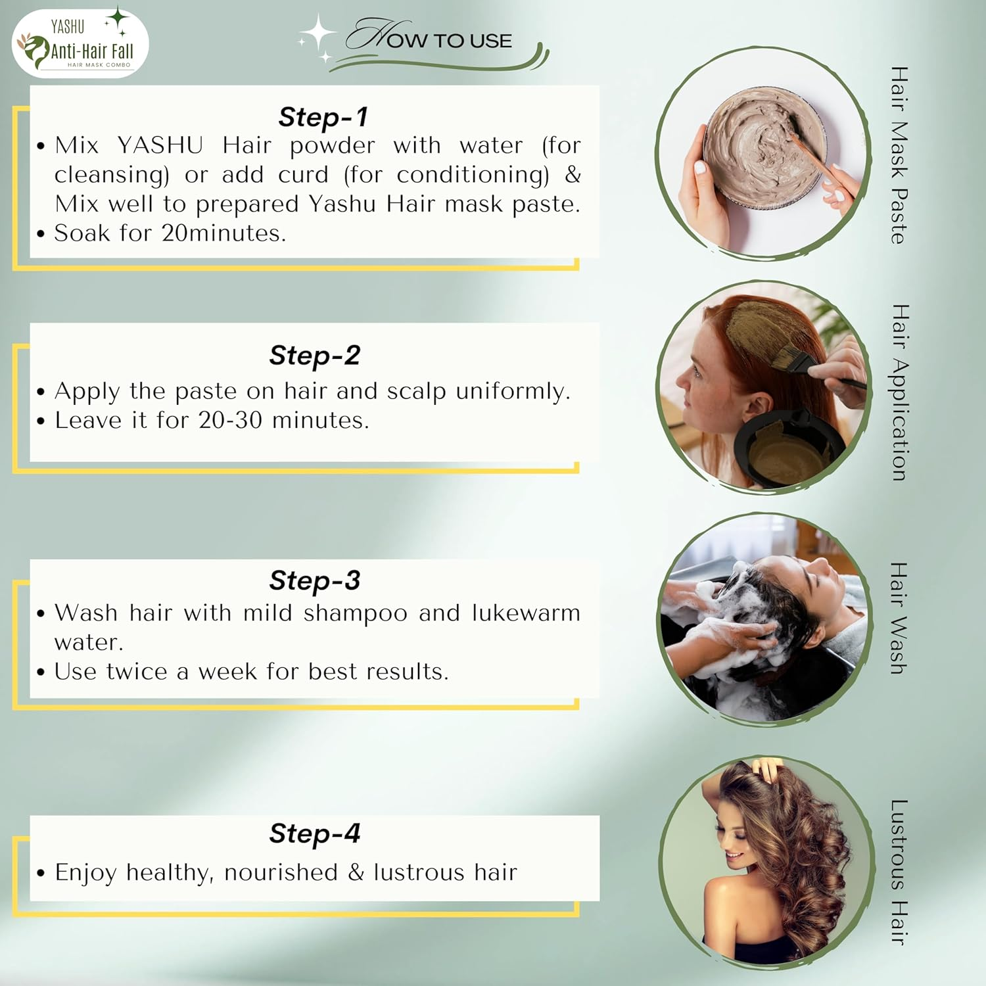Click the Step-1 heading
(x=323, y=117)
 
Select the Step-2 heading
(x=315, y=355)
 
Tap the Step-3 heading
(x=315, y=580)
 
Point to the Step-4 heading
(x=315, y=833)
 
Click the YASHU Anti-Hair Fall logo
(x=80, y=44)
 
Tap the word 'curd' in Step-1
(x=303, y=174)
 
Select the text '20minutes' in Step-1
(x=223, y=233)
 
